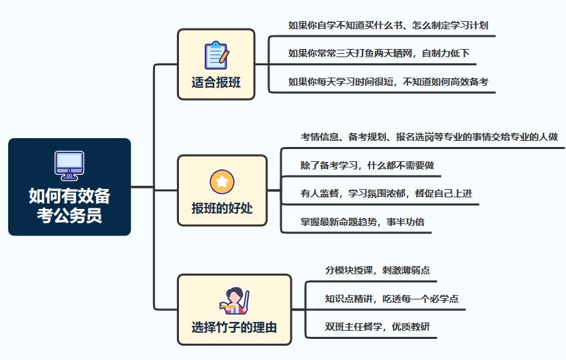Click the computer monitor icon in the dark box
tap(69, 166)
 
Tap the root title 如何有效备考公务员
tap(69, 206)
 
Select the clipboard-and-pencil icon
tap(216, 55)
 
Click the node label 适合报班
tap(216, 82)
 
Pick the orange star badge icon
tap(222, 182)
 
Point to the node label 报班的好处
tap(222, 208)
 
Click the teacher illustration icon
tap(234, 301)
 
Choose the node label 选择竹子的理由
tap(234, 327)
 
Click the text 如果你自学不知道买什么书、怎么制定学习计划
tap(388, 25)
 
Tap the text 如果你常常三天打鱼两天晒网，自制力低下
tap(379, 54)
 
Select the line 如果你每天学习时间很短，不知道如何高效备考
tap(388, 82)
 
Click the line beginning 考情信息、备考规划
tap(429, 137)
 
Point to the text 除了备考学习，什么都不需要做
tap(367, 165)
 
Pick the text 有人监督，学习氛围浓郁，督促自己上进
tap(386, 193)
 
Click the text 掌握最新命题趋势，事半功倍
tap(363, 222)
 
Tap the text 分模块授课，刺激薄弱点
tap(377, 270)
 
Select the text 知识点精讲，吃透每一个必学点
tap(392, 299)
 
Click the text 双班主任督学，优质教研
tap(377, 327)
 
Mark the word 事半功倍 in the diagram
tap(405, 222)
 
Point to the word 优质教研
tap(411, 327)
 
